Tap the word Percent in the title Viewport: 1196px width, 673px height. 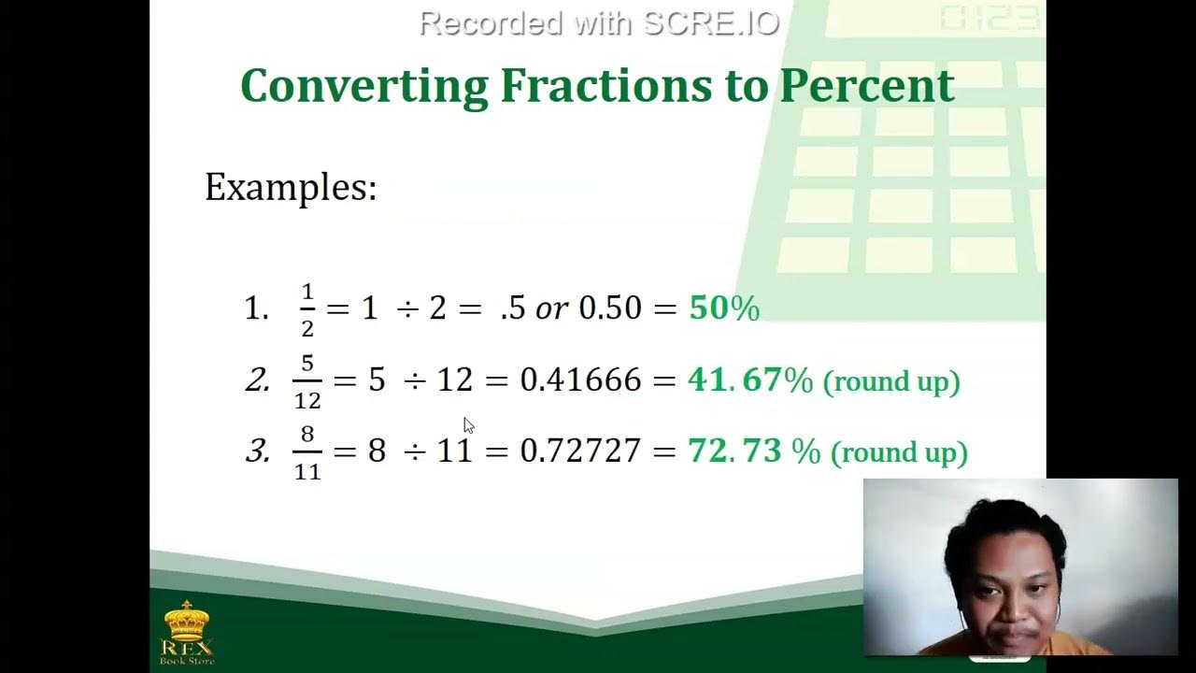coord(866,86)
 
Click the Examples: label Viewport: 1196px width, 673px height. coord(291,187)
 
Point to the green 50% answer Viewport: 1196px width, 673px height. coord(724,308)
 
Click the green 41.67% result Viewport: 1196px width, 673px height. coord(750,380)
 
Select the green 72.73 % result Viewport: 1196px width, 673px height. coord(754,451)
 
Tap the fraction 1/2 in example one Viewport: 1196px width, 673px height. coord(307,309)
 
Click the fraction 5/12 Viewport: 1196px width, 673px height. coord(307,381)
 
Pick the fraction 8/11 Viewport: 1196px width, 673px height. coord(307,452)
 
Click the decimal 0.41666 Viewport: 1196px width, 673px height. coord(580,380)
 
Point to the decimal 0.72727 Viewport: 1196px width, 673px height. coord(580,451)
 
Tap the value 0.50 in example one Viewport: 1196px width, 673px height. coord(611,308)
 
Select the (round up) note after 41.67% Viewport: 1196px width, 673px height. coord(891,381)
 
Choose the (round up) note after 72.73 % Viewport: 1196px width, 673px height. coord(899,452)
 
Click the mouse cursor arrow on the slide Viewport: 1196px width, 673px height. coord(468,425)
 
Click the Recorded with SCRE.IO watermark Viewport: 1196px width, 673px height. coord(599,23)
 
